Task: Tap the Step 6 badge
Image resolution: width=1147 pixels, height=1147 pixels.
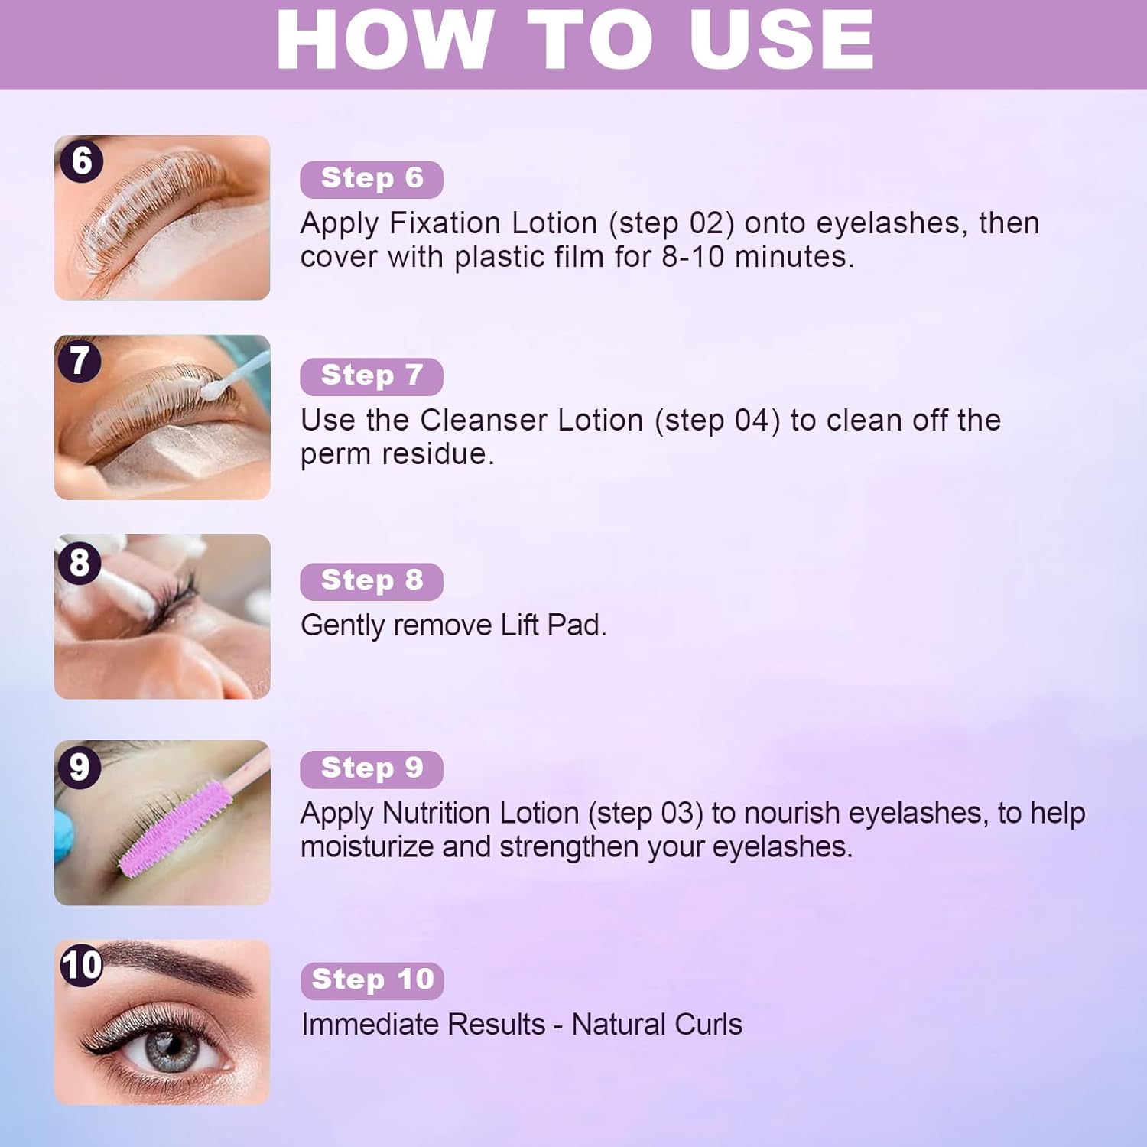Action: [372, 179]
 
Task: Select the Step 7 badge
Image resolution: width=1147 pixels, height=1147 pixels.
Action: [372, 376]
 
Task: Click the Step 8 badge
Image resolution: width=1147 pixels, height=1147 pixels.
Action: [372, 581]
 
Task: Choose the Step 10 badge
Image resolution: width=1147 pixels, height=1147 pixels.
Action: [372, 980]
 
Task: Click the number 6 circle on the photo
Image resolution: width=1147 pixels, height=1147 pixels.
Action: [81, 161]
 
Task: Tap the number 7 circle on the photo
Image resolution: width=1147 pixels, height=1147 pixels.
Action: [80, 360]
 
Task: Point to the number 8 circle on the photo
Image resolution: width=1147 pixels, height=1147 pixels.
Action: [80, 563]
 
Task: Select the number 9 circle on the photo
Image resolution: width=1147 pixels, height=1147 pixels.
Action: [80, 766]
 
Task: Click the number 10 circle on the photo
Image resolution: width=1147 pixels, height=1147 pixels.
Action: [82, 965]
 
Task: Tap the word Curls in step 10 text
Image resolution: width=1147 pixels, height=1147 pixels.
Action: [708, 1025]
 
